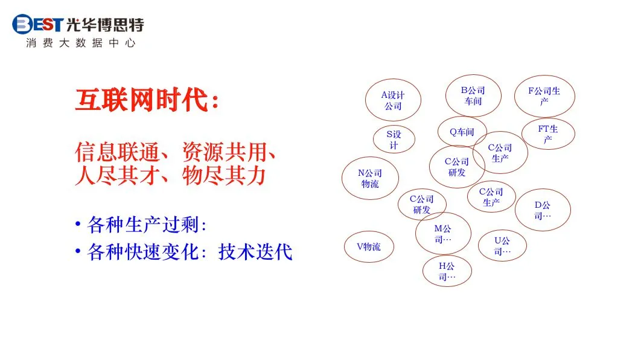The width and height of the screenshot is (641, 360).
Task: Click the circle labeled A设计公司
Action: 393,100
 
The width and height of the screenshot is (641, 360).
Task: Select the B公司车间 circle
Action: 473,95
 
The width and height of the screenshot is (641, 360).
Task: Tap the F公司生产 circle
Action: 544,96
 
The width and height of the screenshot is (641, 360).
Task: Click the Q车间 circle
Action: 462,132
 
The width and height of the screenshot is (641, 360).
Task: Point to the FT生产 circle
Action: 547,134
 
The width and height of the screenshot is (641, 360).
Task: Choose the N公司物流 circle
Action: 370,178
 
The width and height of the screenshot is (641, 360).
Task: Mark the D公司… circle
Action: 542,210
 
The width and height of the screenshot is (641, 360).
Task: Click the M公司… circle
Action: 442,233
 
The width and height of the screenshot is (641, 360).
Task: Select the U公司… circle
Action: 502,245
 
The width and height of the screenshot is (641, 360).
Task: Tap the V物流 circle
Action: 368,246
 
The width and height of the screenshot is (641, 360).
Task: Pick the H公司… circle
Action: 447,271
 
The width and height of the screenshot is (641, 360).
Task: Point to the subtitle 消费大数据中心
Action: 81,43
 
